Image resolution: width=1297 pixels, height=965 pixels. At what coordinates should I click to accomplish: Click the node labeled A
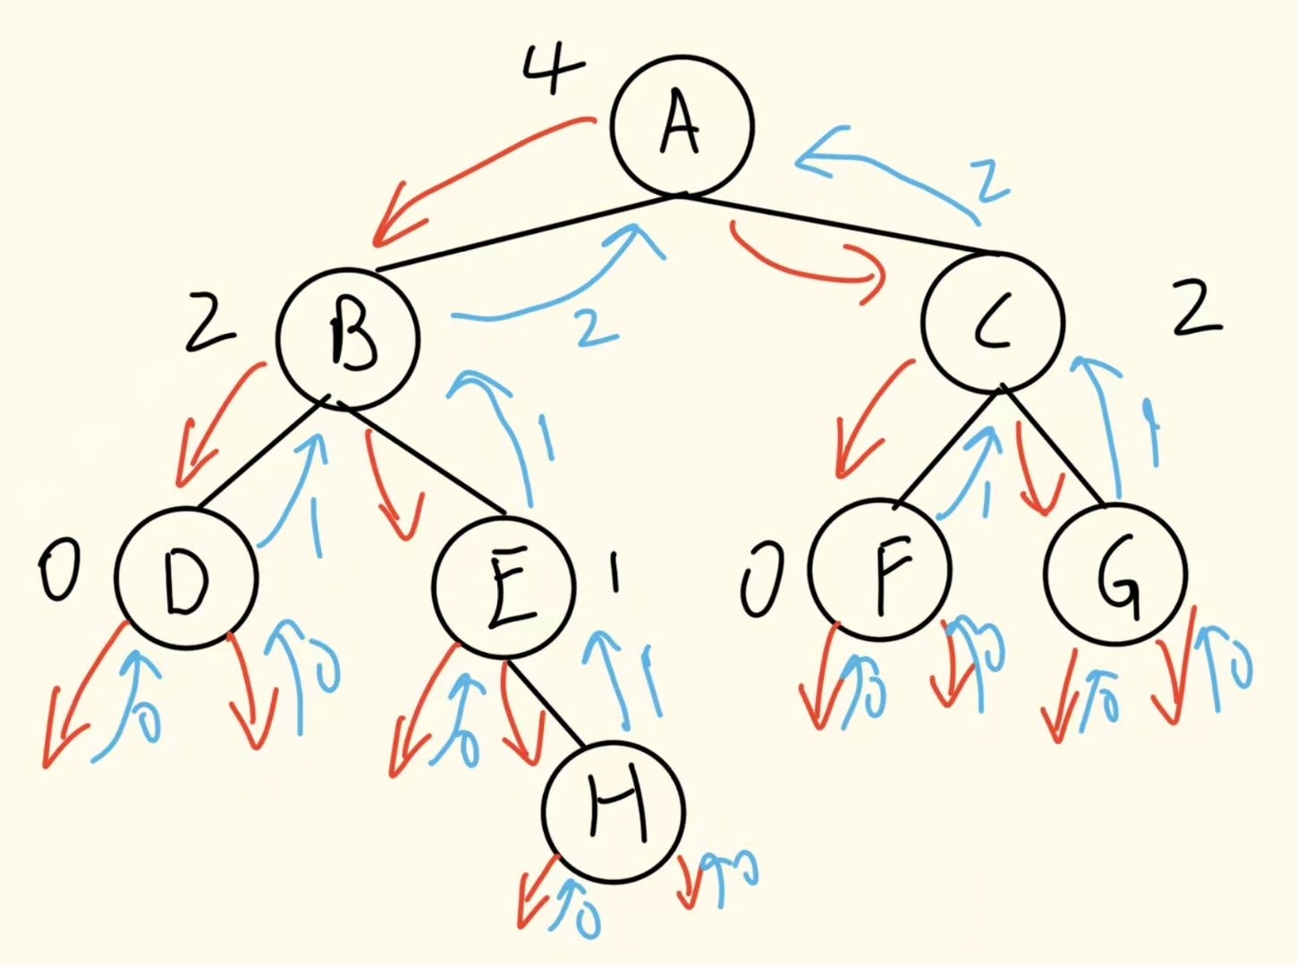click(682, 126)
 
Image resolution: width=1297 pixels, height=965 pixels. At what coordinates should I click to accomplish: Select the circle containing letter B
click(348, 337)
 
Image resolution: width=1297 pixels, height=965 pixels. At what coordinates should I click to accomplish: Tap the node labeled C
click(993, 322)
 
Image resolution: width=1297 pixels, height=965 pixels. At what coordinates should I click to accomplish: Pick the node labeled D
click(186, 577)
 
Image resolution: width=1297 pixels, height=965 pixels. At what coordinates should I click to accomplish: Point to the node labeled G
click(1115, 574)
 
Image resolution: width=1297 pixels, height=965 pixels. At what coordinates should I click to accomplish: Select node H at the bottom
click(614, 810)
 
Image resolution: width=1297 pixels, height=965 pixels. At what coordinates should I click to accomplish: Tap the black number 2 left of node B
click(209, 326)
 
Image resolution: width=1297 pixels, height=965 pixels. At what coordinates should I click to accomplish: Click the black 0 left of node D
click(59, 571)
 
